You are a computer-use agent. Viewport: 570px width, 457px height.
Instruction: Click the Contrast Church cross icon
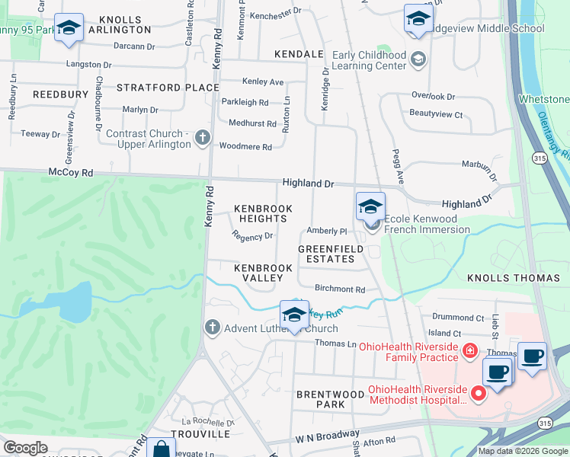pyautogui.click(x=202, y=138)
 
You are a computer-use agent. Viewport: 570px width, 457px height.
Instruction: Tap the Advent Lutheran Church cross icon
pyautogui.click(x=213, y=328)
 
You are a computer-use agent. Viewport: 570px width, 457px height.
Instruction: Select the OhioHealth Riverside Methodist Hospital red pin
pyautogui.click(x=479, y=393)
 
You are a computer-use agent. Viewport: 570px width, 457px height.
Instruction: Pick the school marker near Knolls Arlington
pyautogui.click(x=69, y=29)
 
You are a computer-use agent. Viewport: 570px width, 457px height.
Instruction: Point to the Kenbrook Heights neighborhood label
pyautogui.click(x=261, y=213)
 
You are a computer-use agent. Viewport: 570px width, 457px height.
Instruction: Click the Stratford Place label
pyautogui.click(x=168, y=88)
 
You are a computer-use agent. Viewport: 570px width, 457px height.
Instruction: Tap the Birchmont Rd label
pyautogui.click(x=340, y=289)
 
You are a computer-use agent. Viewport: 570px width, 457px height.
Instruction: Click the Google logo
pyautogui.click(x=24, y=448)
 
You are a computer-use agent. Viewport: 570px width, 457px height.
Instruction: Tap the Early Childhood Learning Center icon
pyautogui.click(x=418, y=59)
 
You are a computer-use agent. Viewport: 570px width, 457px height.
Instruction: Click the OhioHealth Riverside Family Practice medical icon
pyautogui.click(x=470, y=351)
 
